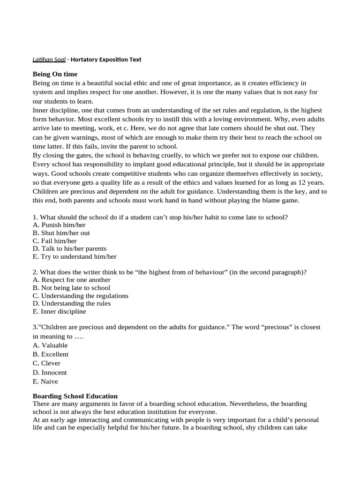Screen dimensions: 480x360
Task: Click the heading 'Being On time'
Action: tap(55, 74)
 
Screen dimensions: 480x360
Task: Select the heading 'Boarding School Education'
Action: tap(75, 396)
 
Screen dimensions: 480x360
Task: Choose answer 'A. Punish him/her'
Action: tap(59, 225)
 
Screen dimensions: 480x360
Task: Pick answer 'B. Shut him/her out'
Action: tap(61, 233)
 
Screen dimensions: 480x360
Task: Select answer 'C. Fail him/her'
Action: tap(54, 241)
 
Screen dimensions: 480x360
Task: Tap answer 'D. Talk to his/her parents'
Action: tap(69, 248)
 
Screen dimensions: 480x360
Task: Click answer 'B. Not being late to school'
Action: tap(71, 288)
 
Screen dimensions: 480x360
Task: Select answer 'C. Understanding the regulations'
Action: tap(80, 296)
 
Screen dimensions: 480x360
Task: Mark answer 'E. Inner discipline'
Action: tap(59, 311)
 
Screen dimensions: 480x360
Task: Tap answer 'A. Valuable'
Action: tap(50, 345)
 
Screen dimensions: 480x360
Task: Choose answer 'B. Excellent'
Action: tap(50, 354)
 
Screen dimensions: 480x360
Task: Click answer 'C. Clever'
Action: tap(46, 363)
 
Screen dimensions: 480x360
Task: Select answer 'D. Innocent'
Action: tap(50, 373)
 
